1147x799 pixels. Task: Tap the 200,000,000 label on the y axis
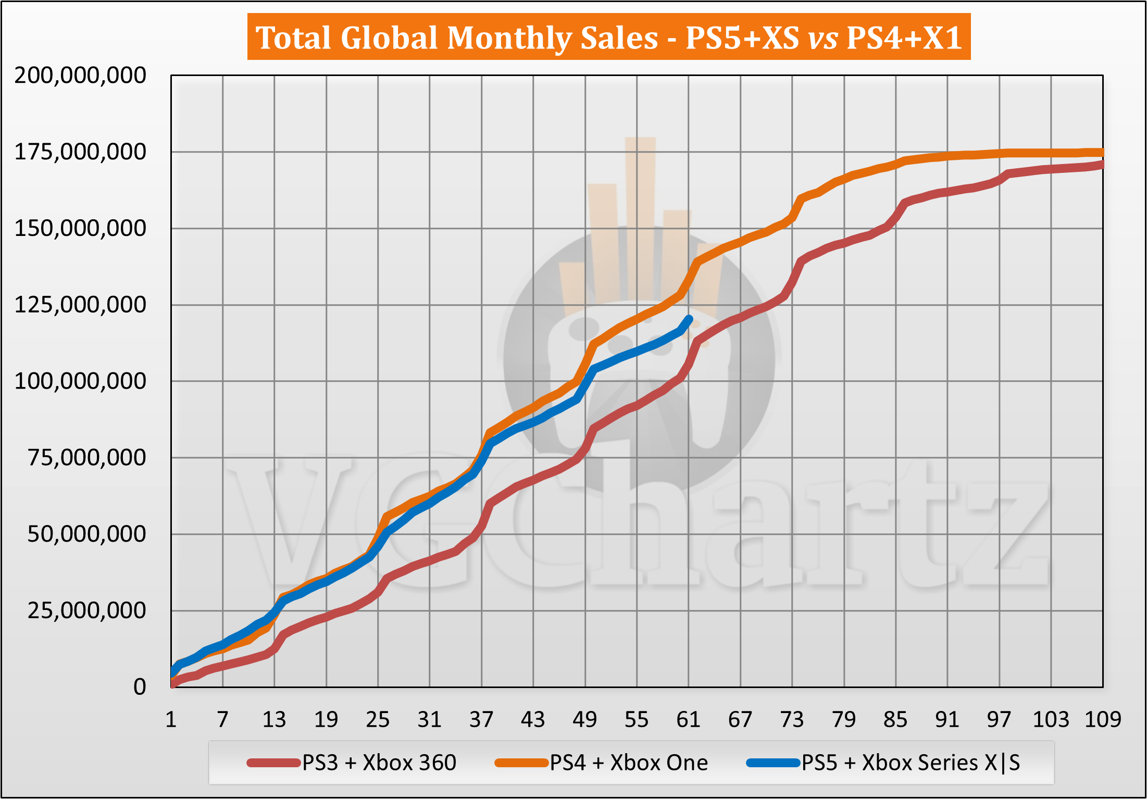pyautogui.click(x=80, y=76)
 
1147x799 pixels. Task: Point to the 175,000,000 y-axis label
pyautogui.click(x=80, y=152)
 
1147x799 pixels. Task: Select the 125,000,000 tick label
pyautogui.click(x=80, y=305)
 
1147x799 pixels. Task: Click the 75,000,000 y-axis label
pyautogui.click(x=86, y=457)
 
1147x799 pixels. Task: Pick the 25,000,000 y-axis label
pyautogui.click(x=86, y=610)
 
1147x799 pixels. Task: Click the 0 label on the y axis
pyautogui.click(x=139, y=687)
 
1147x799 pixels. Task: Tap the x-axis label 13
pyautogui.click(x=274, y=720)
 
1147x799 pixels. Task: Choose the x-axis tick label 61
pyautogui.click(x=688, y=720)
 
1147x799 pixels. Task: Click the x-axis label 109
pyautogui.click(x=1102, y=720)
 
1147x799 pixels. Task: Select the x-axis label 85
pyautogui.click(x=895, y=720)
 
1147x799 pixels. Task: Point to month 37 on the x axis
pyautogui.click(x=481, y=720)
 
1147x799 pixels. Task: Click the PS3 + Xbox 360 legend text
pyautogui.click(x=379, y=763)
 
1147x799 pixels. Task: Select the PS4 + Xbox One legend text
pyautogui.click(x=629, y=763)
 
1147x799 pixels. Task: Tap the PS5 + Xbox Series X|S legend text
pyautogui.click(x=911, y=763)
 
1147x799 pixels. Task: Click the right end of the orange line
pyautogui.click(x=1101, y=153)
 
